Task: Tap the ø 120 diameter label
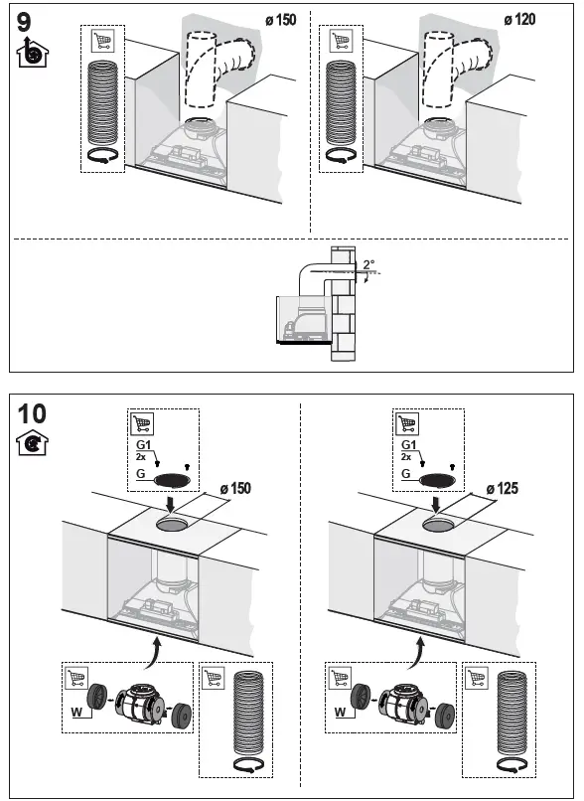tap(522, 20)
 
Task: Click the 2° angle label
tap(368, 265)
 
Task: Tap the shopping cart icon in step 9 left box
tap(101, 41)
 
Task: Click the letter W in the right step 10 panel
tap(339, 712)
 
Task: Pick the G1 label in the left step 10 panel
tap(143, 445)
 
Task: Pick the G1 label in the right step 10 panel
tap(407, 445)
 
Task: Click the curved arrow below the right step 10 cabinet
tap(417, 654)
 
